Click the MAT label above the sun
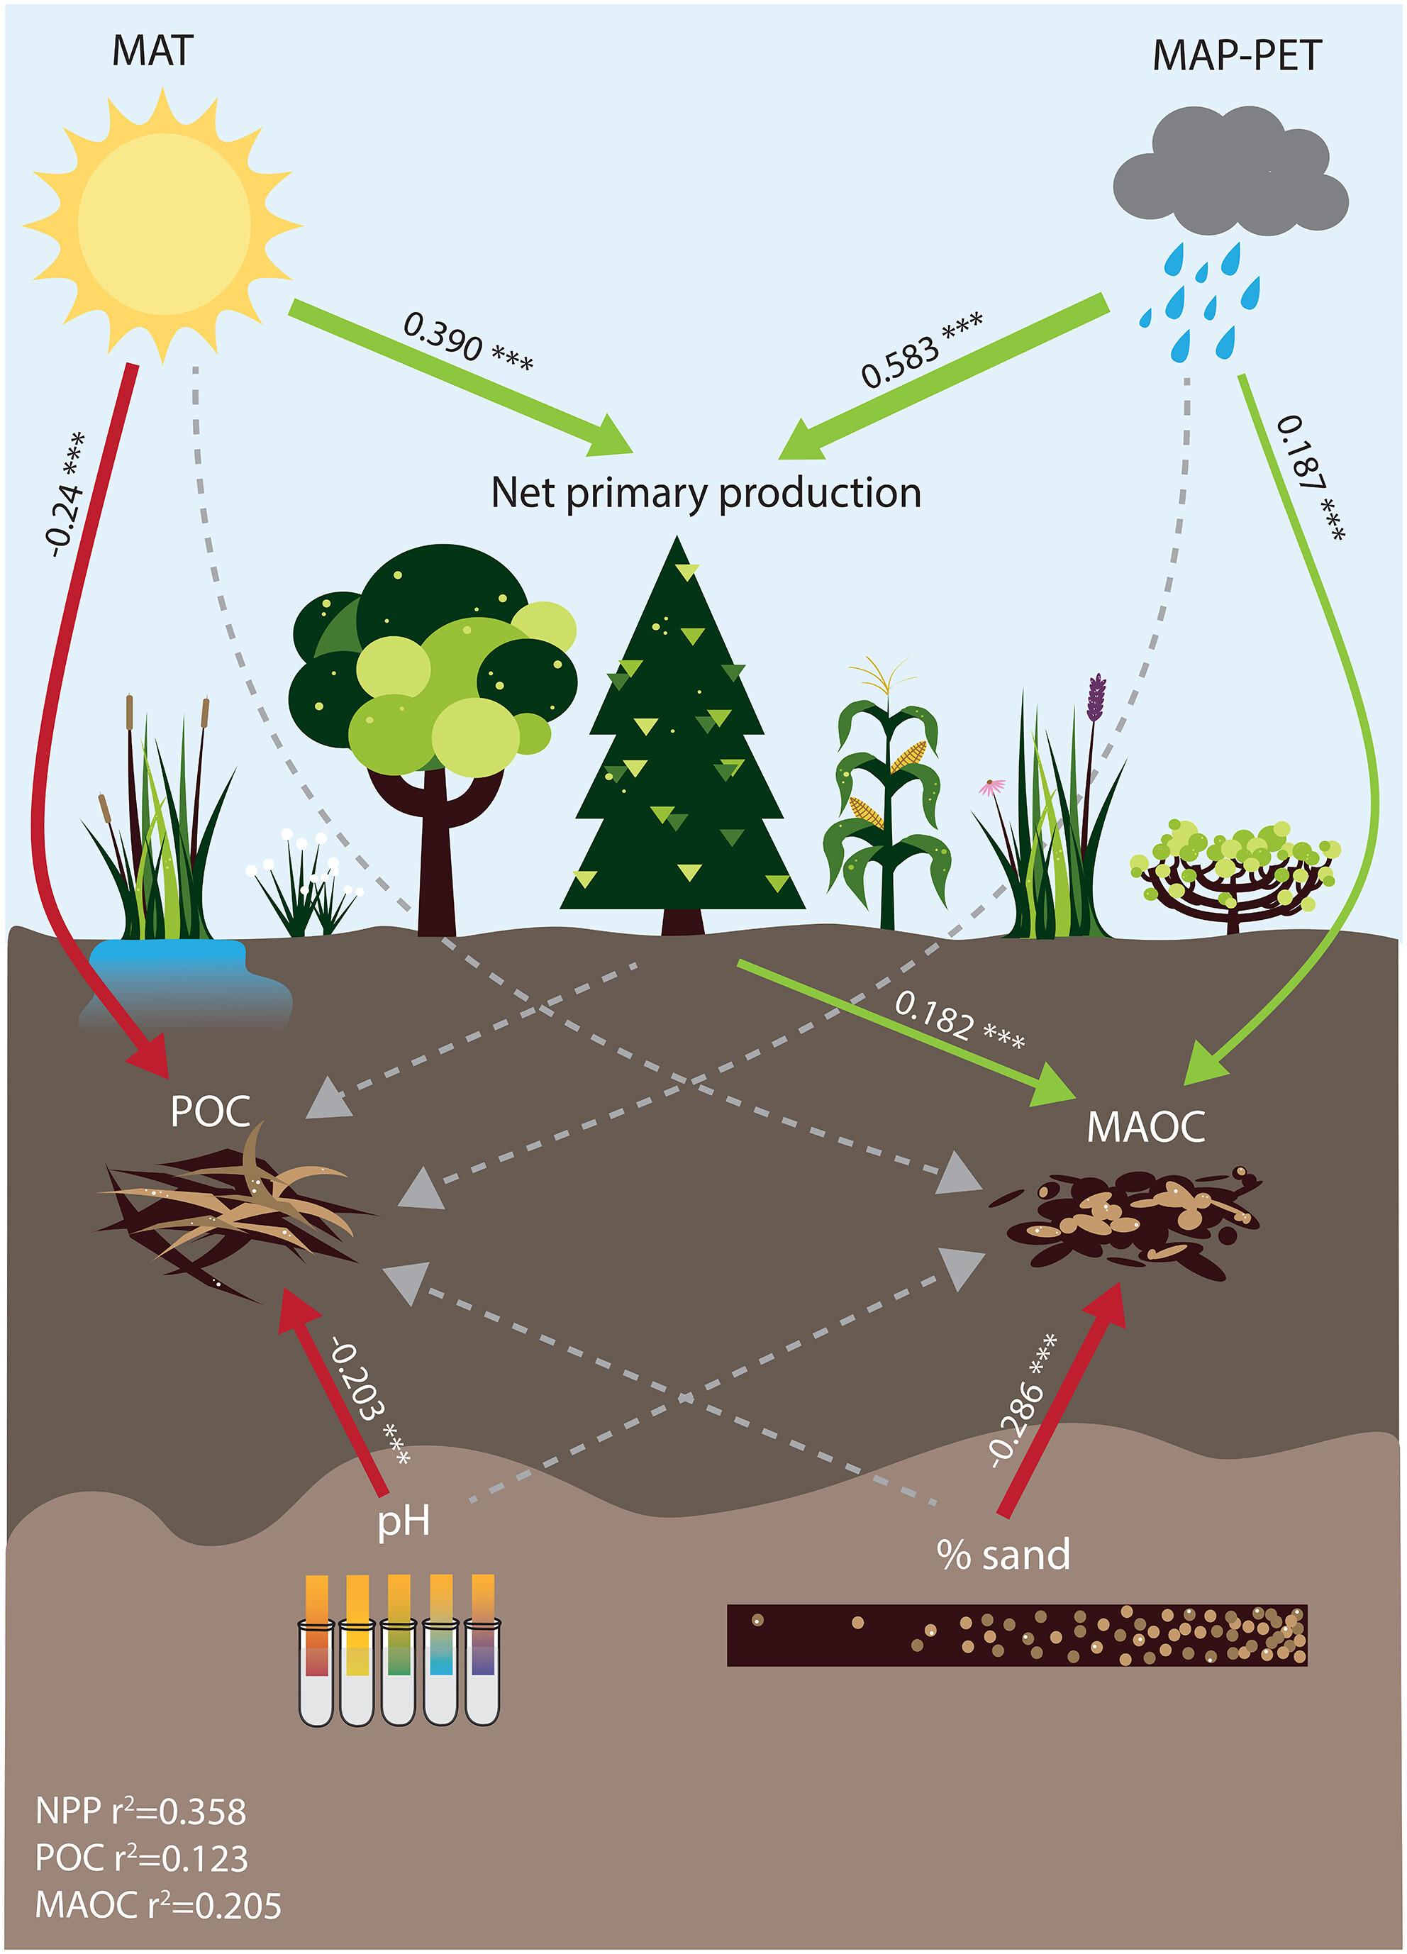point(152,51)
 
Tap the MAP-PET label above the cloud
point(1236,57)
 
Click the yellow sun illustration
point(163,225)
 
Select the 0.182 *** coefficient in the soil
point(959,1020)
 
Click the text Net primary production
point(706,493)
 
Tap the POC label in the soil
point(210,1111)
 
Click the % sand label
point(1003,1554)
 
